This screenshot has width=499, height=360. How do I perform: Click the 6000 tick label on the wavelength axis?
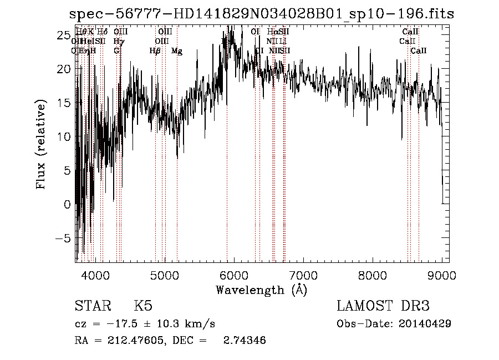click(233, 276)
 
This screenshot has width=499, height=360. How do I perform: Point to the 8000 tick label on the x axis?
click(372, 276)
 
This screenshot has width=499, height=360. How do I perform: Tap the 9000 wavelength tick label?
click(441, 276)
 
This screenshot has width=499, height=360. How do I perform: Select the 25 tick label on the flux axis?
click(64, 35)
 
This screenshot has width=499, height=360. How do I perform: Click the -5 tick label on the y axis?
click(64, 239)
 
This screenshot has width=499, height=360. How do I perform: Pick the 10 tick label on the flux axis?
click(64, 136)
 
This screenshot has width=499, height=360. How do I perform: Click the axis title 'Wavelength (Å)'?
click(261, 290)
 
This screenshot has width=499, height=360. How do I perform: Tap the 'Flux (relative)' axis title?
click(41, 145)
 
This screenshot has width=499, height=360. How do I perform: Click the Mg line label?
click(176, 51)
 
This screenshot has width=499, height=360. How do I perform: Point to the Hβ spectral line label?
click(155, 51)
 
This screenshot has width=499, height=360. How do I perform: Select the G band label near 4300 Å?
click(116, 51)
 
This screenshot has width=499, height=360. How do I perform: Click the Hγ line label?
click(118, 42)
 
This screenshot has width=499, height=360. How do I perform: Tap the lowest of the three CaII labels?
click(419, 51)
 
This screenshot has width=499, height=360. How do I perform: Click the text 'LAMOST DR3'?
click(383, 306)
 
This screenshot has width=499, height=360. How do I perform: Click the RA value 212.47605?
click(132, 341)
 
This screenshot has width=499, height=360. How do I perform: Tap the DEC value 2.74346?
click(245, 341)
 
